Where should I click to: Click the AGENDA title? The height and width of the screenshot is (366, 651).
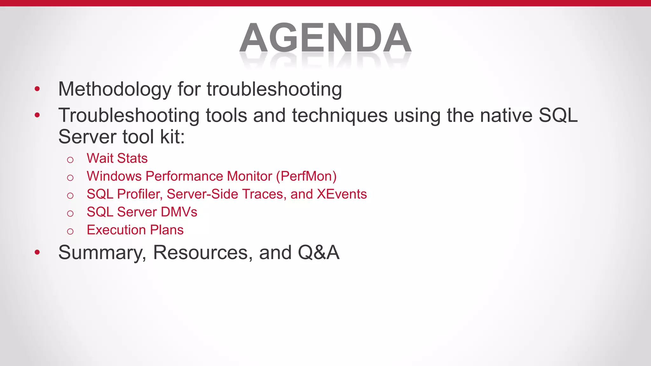tap(325, 38)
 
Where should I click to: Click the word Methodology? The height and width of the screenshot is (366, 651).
tap(115, 89)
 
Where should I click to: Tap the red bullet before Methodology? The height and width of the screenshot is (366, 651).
tap(37, 89)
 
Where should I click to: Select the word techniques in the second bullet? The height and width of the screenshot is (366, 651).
tap(339, 115)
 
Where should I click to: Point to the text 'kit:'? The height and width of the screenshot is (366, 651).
tap(172, 137)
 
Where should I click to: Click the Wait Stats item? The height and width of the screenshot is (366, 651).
tap(117, 158)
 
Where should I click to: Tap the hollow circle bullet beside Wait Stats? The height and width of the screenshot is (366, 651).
tap(70, 160)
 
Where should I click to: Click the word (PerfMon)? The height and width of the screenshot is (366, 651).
tap(306, 176)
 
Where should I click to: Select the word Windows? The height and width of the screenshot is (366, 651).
tap(114, 176)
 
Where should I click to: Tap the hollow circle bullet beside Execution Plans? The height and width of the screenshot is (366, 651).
tap(70, 231)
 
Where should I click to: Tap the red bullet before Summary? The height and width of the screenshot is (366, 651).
tap(37, 253)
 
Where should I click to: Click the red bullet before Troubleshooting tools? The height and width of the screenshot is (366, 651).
tap(37, 115)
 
